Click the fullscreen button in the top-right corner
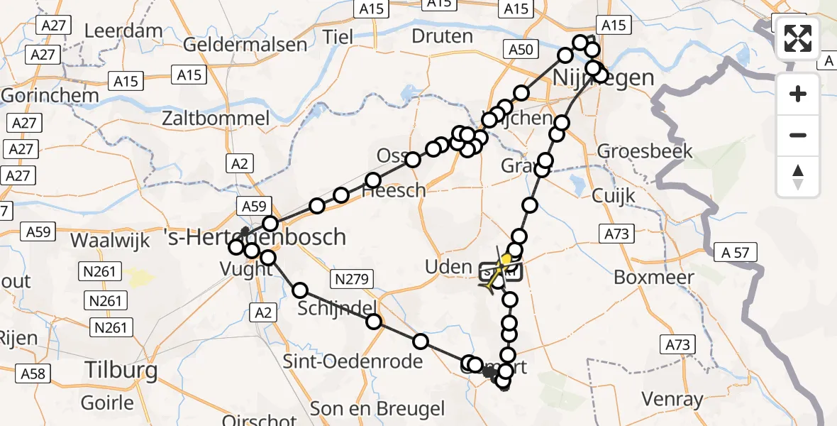pyautogui.click(x=798, y=38)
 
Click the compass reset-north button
pyautogui.click(x=798, y=176)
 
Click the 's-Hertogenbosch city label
pyautogui.click(x=256, y=236)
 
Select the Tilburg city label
pyautogui.click(x=121, y=369)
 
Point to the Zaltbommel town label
pyautogui.click(x=216, y=118)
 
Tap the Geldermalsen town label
pyautogui.click(x=245, y=44)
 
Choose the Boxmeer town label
pyautogui.click(x=653, y=277)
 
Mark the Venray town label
pyautogui.click(x=672, y=398)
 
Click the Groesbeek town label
pyautogui.click(x=645, y=151)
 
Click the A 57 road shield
pyautogui.click(x=736, y=251)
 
